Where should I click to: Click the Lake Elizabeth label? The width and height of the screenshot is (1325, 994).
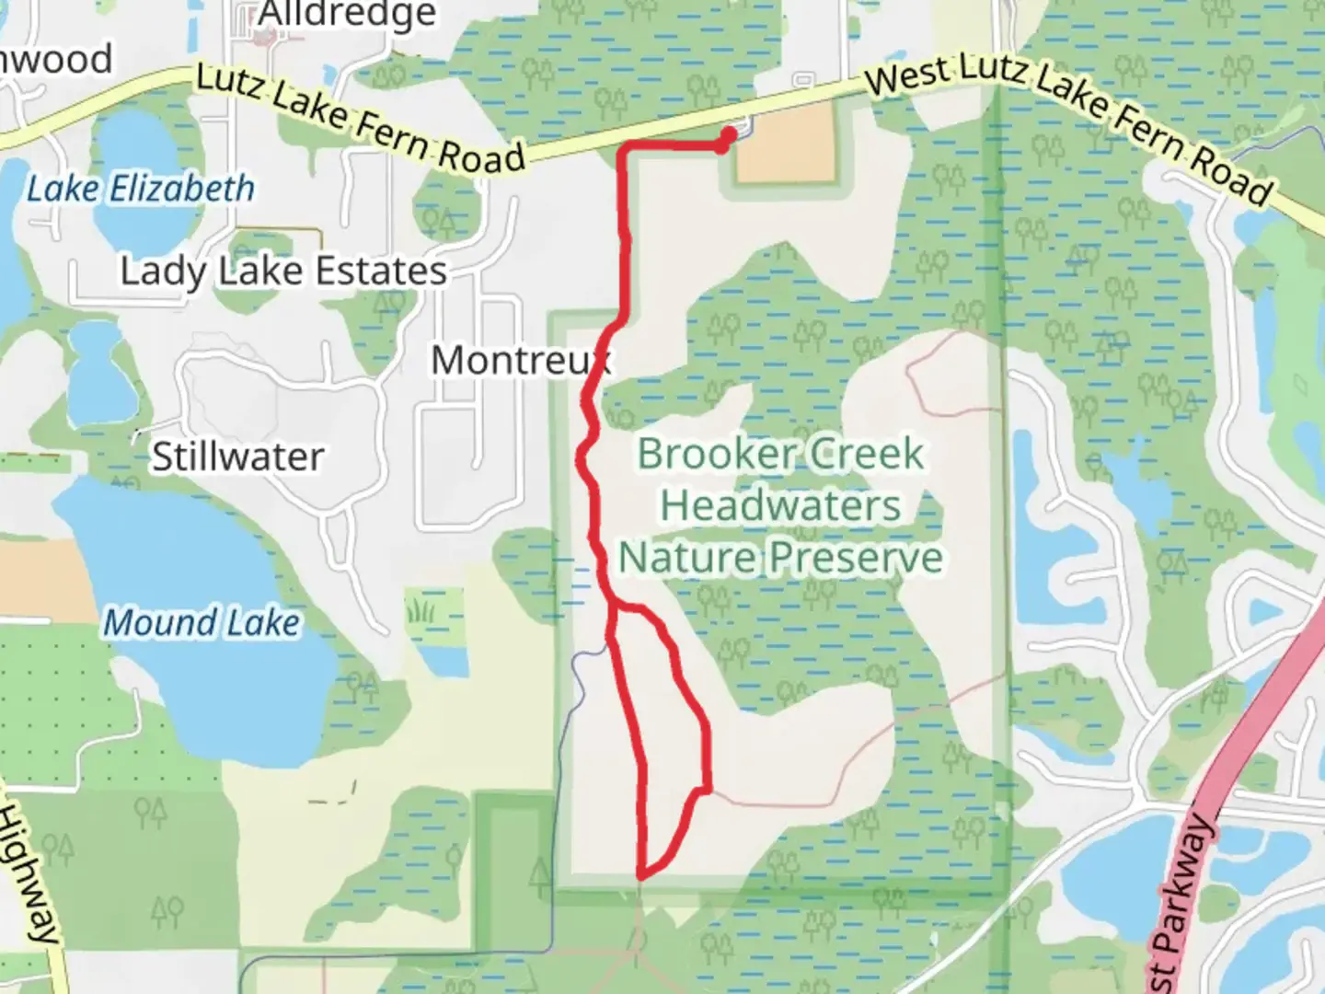140,189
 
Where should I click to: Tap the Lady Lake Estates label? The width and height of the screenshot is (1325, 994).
283,272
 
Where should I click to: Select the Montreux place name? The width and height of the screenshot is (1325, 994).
520,360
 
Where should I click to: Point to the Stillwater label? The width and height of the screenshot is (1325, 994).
237,457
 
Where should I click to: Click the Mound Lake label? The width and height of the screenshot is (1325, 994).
202,623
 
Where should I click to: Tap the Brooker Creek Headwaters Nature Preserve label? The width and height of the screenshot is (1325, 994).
780,505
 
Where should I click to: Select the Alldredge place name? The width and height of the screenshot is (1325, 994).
347,14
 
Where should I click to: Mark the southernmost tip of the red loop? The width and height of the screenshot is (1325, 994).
641,873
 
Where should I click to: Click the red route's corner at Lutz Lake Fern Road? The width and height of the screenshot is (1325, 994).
626,147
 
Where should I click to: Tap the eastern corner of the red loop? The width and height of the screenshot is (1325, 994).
708,789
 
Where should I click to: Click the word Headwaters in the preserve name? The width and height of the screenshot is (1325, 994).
780,505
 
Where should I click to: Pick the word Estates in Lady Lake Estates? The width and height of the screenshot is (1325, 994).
381,272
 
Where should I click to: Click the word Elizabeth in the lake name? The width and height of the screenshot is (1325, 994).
182,189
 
